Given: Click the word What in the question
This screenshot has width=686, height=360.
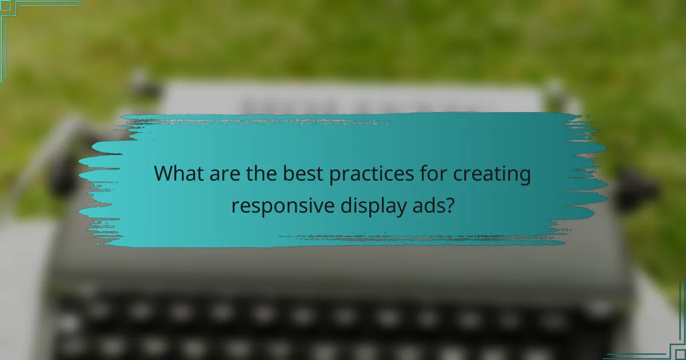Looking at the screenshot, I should point(178,174).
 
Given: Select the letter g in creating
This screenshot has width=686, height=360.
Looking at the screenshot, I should point(525,177).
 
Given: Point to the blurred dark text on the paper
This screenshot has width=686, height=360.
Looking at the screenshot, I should point(354,106).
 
